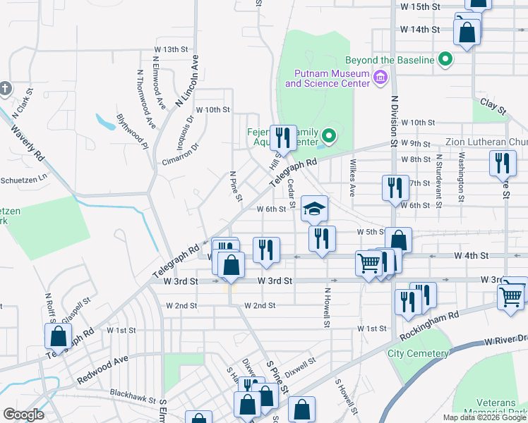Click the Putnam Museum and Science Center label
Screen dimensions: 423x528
(327, 78)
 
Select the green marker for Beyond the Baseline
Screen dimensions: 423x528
(445, 61)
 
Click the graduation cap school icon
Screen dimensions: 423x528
(314, 208)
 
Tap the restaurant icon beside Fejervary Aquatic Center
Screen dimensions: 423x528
(283, 137)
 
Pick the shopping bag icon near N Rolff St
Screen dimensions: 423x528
(58, 336)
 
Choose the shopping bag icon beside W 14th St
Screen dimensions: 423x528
(467, 32)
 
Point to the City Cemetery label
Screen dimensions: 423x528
(417, 353)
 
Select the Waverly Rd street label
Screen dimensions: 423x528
(28, 141)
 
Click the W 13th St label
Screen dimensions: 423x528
(172, 49)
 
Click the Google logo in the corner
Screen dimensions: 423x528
(23, 414)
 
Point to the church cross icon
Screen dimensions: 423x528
(5, 88)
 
